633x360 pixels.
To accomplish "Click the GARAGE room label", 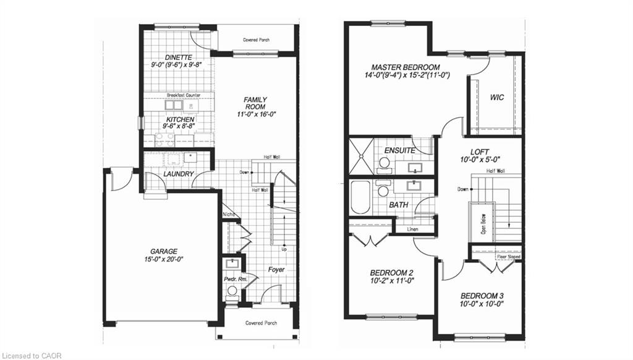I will coord(163,251).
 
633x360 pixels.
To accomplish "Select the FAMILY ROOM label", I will coord(254,103).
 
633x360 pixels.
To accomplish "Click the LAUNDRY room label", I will coord(179,174).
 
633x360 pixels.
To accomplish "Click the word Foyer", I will coord(276,270).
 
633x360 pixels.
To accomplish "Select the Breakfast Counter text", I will coord(183,95).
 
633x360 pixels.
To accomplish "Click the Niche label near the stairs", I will coord(229,215).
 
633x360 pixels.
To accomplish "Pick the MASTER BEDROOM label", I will coord(406,67).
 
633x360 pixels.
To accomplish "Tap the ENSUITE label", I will coord(399,150).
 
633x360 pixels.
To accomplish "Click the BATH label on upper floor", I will coord(399,204).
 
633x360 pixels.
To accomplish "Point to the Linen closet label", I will coord(413,229).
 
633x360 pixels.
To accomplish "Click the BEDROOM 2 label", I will coord(391,273).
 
